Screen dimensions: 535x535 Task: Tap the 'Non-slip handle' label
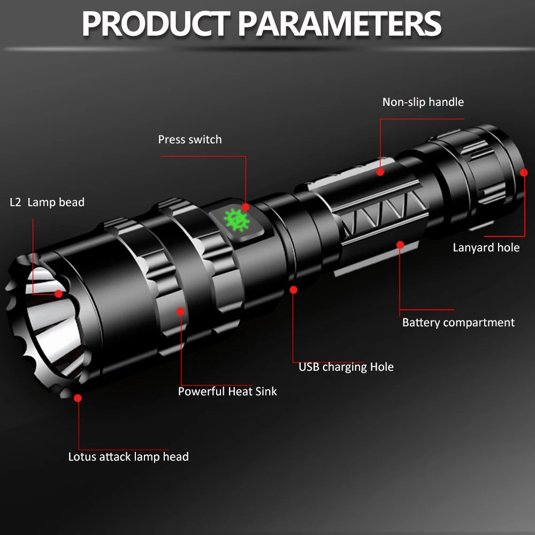(423, 102)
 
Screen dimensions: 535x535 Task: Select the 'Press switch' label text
(189, 140)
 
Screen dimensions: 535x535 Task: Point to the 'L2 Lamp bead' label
(47, 202)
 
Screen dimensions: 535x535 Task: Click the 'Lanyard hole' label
(486, 247)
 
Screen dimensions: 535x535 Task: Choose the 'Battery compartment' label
(458, 323)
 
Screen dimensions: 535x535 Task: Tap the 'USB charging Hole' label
(346, 367)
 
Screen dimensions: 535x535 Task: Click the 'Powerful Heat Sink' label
(227, 392)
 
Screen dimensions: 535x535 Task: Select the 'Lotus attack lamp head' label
(128, 457)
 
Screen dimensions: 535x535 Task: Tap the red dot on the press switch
(245, 207)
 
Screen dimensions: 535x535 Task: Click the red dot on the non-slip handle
(380, 172)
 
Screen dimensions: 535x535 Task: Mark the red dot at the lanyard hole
(524, 172)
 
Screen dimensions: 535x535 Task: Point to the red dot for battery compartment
(400, 244)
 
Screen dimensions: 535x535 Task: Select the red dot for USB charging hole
(293, 289)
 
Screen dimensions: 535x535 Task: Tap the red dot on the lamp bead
(58, 293)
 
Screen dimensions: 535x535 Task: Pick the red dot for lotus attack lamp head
(78, 398)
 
